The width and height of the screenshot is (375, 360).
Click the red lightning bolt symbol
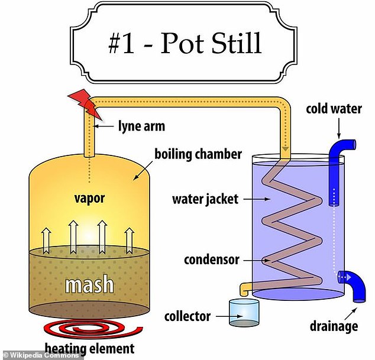pos(86,103)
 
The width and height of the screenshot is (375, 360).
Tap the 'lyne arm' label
pos(141,127)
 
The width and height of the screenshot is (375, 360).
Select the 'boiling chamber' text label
pos(198,154)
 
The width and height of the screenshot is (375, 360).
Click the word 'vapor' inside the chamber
pos(89,199)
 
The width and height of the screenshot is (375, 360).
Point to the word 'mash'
pos(89,284)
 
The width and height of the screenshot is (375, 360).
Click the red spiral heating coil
pos(93,329)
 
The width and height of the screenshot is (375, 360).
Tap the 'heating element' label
pos(90,348)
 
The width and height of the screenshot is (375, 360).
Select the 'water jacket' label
pos(205,199)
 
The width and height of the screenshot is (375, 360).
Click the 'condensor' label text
pos(212,260)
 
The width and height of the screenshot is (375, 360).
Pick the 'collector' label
pos(187,316)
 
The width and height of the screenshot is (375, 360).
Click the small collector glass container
pos(244,313)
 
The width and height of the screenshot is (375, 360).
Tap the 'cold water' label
pos(334,109)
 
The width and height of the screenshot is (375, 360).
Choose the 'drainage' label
pos(334,326)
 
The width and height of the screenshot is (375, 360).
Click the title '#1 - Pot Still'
pos(185,43)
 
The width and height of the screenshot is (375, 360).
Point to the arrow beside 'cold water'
pos(339,129)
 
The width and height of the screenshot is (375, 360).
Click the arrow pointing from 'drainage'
pos(351,313)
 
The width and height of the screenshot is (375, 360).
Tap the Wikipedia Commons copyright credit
pos(41,355)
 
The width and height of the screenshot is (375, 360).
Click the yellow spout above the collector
pos(245,288)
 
